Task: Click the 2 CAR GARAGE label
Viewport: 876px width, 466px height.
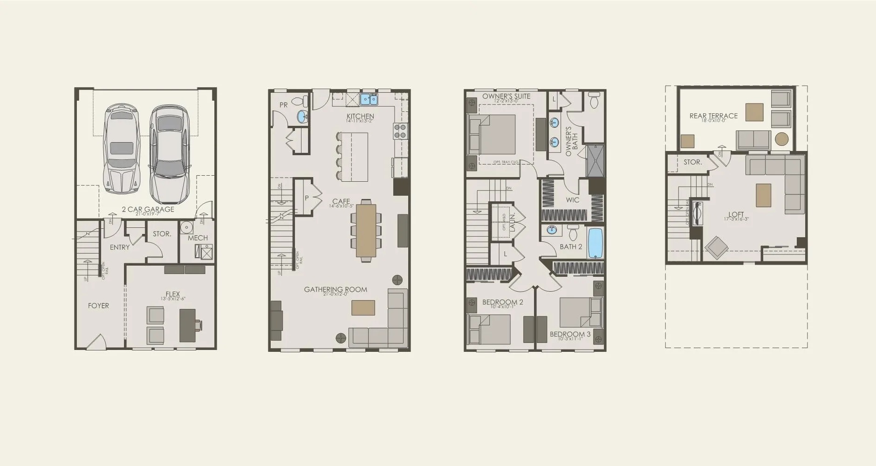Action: [x=148, y=209]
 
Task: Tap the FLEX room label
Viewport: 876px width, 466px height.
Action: [x=172, y=295]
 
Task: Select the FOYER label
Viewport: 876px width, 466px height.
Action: [x=98, y=306]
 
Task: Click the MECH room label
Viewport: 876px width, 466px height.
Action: [x=198, y=238]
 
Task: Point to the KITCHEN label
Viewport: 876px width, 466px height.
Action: [x=360, y=116]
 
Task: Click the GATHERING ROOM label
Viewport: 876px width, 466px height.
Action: [x=335, y=289]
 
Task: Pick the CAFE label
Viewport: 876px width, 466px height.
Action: [x=341, y=202]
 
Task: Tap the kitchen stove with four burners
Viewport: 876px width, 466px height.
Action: [x=400, y=131]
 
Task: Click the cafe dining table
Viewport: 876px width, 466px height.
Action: [x=366, y=231]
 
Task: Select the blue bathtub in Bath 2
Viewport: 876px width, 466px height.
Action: [x=595, y=243]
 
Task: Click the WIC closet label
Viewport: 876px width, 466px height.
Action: [x=573, y=200]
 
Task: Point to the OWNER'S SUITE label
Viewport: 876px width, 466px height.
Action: [x=506, y=96]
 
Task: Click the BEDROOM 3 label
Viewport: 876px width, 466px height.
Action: [x=570, y=334]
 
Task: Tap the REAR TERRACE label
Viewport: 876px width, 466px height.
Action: [x=713, y=116]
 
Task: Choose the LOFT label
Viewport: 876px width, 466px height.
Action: [x=736, y=215]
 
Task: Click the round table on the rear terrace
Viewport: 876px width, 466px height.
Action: [x=781, y=139]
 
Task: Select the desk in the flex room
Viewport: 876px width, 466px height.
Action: [x=188, y=325]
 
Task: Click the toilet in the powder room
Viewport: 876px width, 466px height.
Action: [x=303, y=101]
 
